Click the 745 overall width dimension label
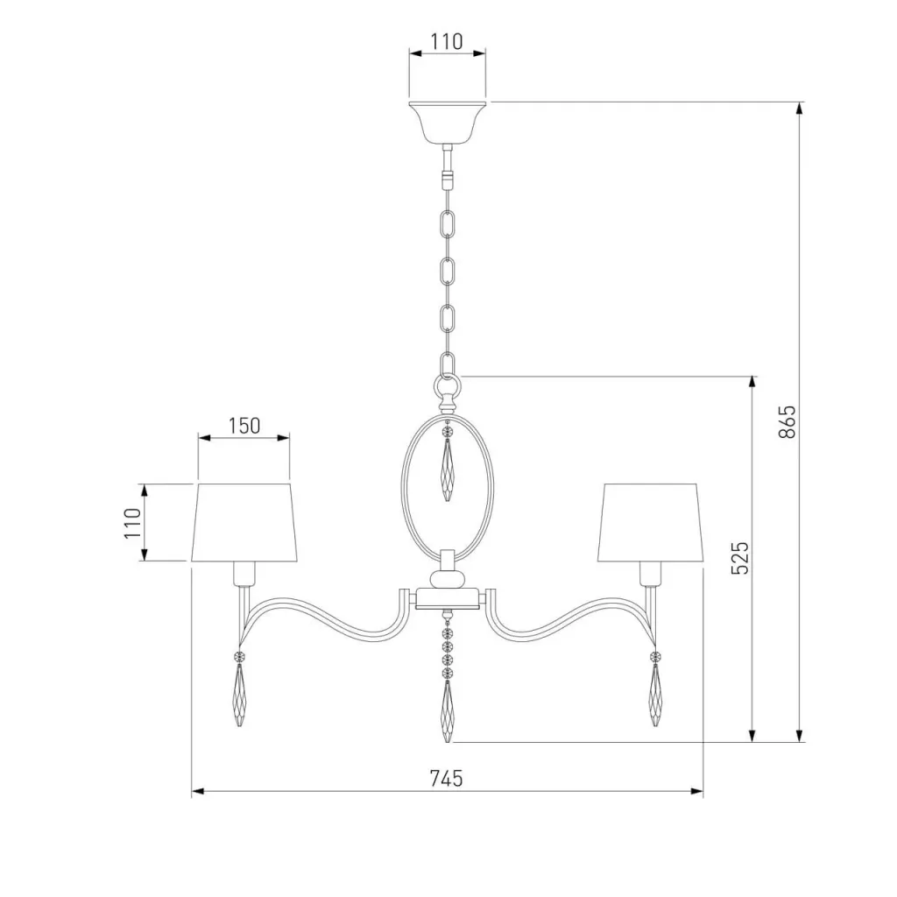coord(446,778)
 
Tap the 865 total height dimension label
coord(788,421)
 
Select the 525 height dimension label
coord(739,558)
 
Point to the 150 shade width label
coord(244,426)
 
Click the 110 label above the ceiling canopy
coord(446,41)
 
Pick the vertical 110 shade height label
coord(133,523)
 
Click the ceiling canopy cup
coord(448,123)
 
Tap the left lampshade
coord(244,523)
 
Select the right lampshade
coord(651,523)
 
